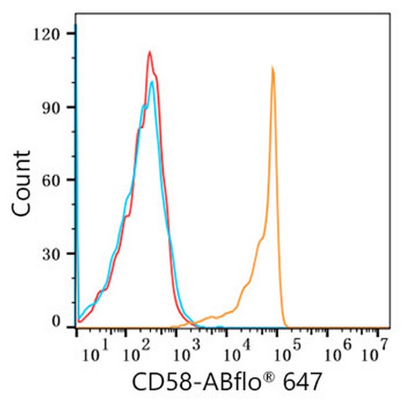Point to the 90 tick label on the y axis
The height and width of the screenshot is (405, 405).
pyautogui.click(x=51, y=107)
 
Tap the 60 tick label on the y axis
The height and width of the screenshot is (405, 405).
pyautogui.click(x=51, y=180)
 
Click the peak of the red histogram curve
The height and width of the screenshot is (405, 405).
pyautogui.click(x=149, y=52)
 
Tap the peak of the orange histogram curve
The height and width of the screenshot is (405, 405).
pyautogui.click(x=272, y=67)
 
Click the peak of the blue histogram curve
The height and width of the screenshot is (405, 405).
pyautogui.click(x=153, y=82)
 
